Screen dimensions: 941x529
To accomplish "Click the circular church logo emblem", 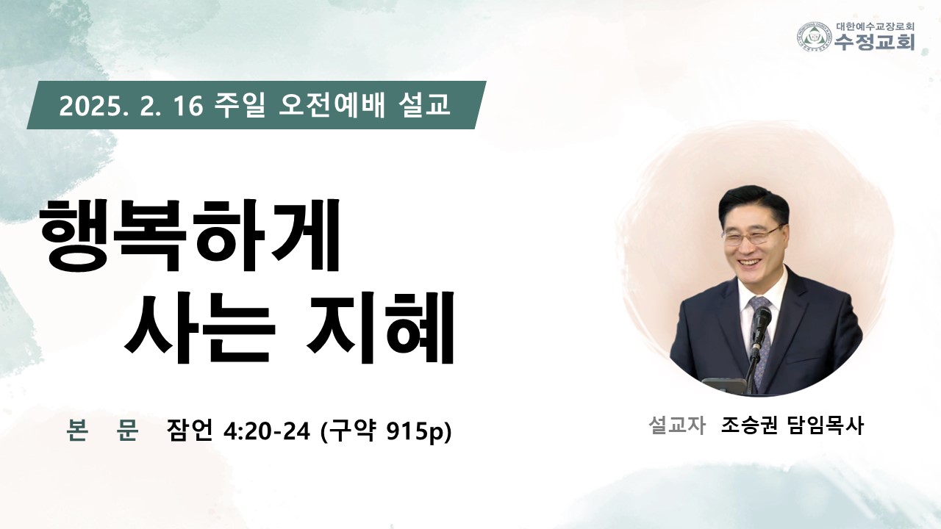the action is (x=815, y=37).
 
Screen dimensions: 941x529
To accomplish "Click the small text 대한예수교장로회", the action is (x=875, y=26).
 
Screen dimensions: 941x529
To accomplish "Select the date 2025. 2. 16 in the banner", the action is (x=131, y=105).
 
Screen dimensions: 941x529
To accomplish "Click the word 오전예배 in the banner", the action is (x=332, y=105).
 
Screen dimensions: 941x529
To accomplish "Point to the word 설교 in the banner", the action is (x=423, y=105).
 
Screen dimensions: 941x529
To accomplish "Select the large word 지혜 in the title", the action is (x=381, y=327).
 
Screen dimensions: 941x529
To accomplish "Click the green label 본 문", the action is (x=102, y=430).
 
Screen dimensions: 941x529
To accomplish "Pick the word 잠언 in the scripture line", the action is (x=190, y=430).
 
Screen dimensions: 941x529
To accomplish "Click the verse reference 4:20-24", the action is (x=267, y=431).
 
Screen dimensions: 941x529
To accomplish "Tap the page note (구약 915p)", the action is (x=386, y=431).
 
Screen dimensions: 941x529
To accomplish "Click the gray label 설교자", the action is (x=677, y=425).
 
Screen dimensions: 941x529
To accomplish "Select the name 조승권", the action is (x=749, y=425).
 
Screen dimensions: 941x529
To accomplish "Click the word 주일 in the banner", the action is (x=240, y=105).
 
